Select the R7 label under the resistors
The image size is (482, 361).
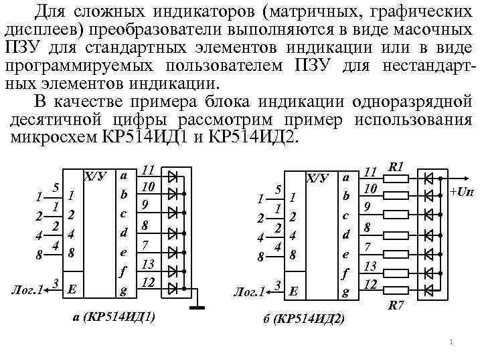(396, 306)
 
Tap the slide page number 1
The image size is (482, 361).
(452, 343)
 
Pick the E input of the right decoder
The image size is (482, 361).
(293, 292)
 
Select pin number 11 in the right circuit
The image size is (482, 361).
(370, 172)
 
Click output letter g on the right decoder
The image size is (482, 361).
(345, 292)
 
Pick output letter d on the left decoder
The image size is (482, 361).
(123, 233)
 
